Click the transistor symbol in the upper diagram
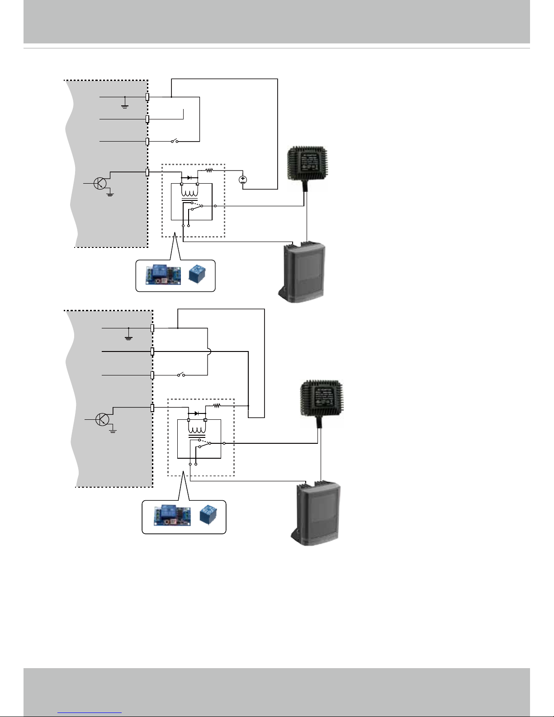click(x=100, y=183)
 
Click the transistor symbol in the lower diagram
click(x=103, y=419)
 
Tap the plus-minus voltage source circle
click(x=243, y=180)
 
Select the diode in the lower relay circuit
click(x=196, y=413)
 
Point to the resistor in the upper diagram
click(x=209, y=171)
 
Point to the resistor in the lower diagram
click(x=217, y=406)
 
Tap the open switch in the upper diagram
click(x=174, y=142)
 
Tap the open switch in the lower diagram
click(x=181, y=375)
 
